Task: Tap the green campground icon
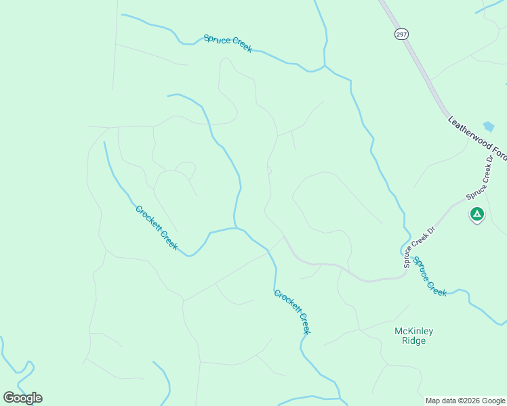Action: pos(477,215)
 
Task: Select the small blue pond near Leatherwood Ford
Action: pos(489,127)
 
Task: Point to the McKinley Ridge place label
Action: pos(413,336)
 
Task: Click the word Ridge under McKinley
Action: pos(413,341)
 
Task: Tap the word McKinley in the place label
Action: pos(413,331)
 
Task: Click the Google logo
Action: pos(23,398)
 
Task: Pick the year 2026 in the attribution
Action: pos(468,401)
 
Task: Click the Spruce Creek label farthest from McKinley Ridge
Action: pos(228,43)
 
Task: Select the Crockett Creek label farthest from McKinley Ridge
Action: pos(157,228)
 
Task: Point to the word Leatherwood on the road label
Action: pos(470,132)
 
